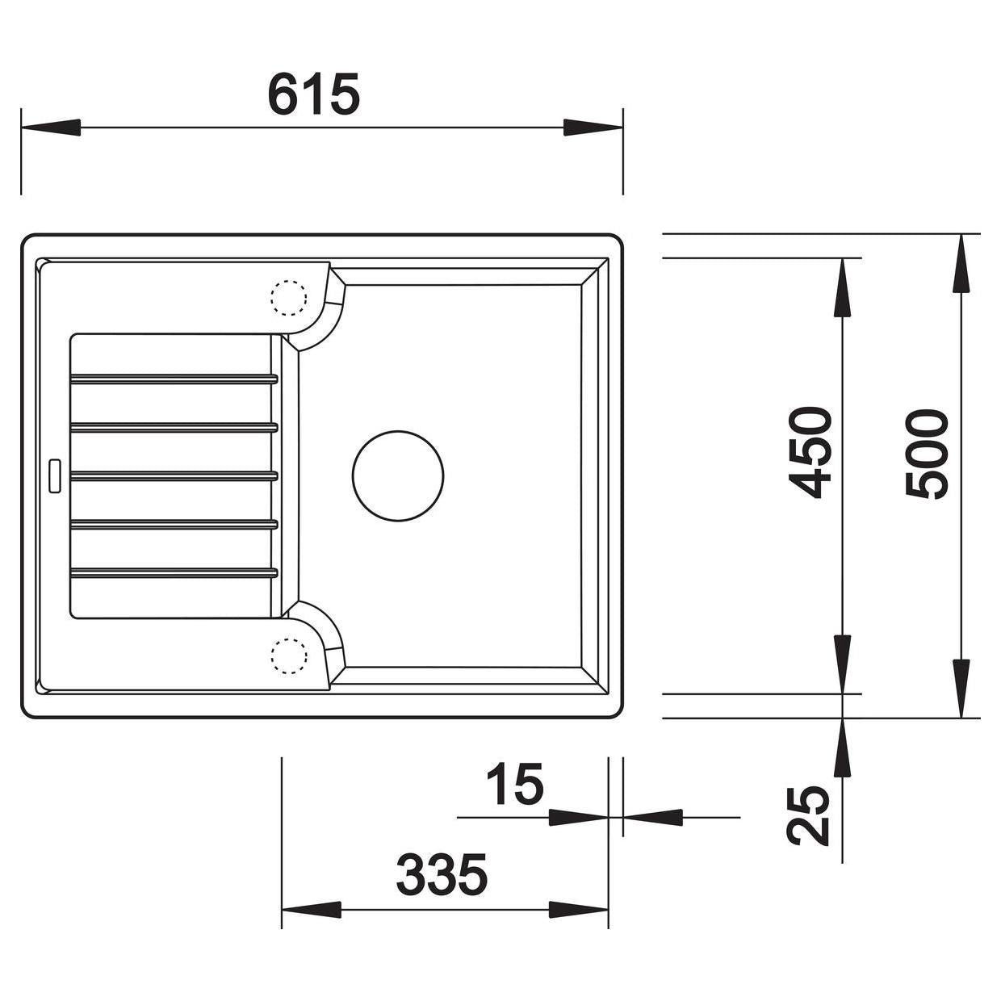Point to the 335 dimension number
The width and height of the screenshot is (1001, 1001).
tap(442, 873)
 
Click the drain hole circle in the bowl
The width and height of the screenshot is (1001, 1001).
tap(398, 475)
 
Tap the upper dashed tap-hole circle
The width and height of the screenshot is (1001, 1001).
tap(289, 298)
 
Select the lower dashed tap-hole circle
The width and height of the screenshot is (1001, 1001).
tap(289, 656)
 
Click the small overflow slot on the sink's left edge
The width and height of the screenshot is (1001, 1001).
tap(55, 475)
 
